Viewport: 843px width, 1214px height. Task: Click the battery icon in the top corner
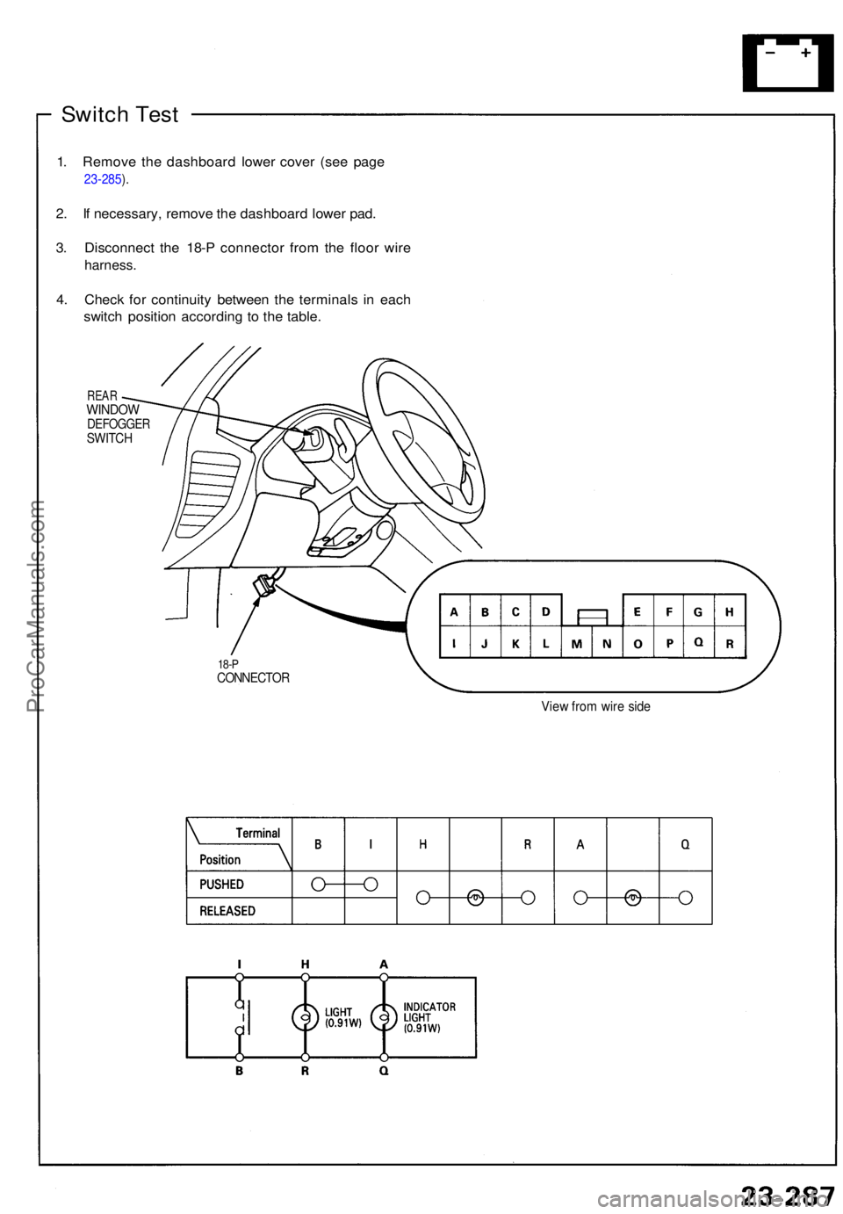(788, 62)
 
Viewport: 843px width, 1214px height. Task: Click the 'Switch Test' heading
(119, 114)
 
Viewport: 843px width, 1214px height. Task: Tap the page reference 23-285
(103, 179)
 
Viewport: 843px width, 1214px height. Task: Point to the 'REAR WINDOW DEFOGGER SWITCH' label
(118, 417)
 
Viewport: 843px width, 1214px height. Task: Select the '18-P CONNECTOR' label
(252, 672)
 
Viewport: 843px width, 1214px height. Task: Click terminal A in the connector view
(454, 611)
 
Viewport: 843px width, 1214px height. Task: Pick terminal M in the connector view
(576, 643)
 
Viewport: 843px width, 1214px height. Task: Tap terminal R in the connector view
(730, 643)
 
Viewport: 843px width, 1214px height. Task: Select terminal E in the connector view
(638, 611)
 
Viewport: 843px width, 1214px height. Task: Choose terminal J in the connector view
(485, 643)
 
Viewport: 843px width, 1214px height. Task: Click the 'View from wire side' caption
(595, 706)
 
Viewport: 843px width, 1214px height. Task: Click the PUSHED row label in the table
(222, 884)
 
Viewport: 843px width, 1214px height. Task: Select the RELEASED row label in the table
(227, 911)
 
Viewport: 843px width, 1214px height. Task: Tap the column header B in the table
(318, 844)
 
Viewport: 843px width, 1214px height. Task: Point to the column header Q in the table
(685, 844)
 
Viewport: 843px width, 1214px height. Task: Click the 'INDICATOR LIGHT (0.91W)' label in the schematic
(429, 1017)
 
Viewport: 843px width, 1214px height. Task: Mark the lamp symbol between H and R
(305, 1017)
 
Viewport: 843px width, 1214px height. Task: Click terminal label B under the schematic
(239, 1072)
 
